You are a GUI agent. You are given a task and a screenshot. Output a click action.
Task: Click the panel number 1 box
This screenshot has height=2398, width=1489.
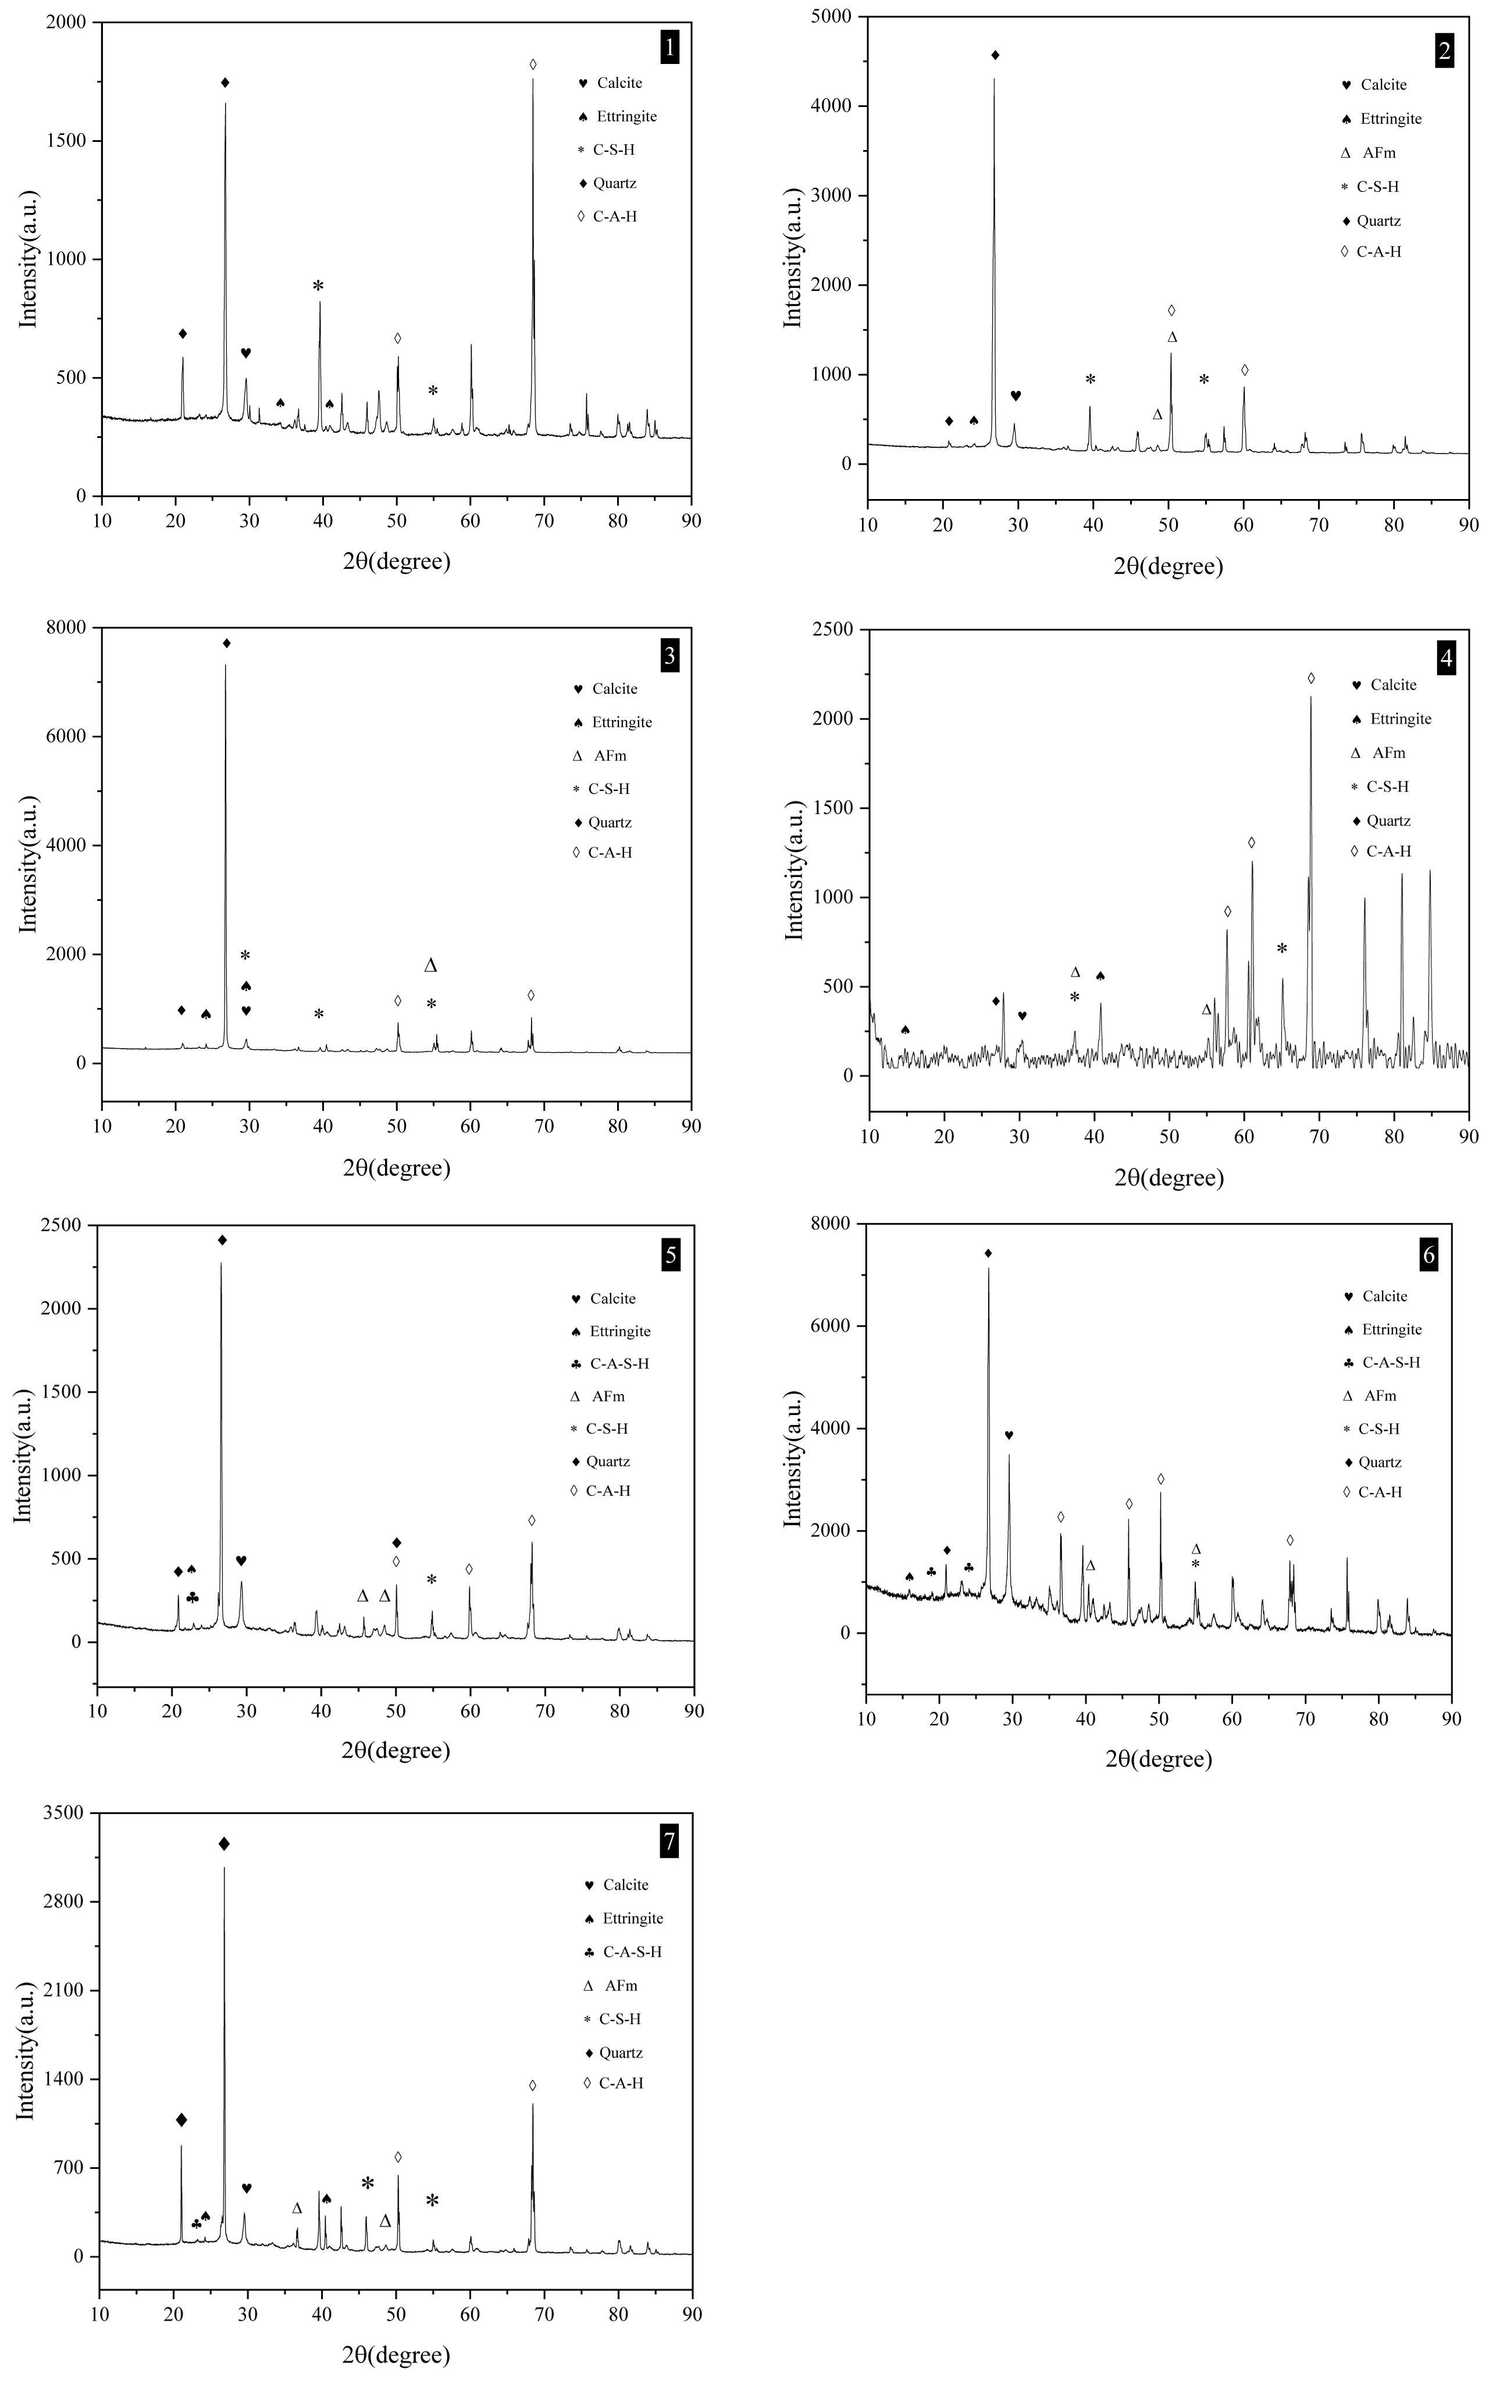(x=669, y=47)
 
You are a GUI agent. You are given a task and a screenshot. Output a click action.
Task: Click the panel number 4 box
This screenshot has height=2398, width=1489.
(x=1446, y=659)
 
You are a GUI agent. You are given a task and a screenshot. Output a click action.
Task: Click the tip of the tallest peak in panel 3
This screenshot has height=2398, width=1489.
(x=226, y=666)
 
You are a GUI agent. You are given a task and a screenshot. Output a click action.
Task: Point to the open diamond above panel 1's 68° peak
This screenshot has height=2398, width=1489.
(x=533, y=64)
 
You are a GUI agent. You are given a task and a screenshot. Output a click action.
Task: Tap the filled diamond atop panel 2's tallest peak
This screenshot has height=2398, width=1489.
(x=995, y=55)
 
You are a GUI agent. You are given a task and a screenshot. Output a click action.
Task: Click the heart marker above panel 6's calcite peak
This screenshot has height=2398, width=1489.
(x=1009, y=1435)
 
